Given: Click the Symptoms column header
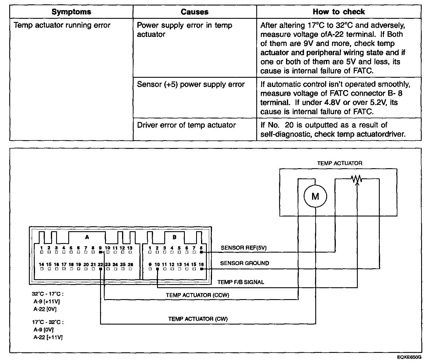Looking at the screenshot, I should pos(71,12).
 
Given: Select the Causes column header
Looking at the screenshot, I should pos(194,12).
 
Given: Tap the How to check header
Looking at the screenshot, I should pos(339,12).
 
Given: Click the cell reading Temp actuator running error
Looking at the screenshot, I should pos(62,25).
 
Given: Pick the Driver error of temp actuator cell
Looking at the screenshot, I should pos(186,125).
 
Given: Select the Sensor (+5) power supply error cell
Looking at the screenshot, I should pos(191,84).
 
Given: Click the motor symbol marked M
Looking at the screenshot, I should pos(315,197).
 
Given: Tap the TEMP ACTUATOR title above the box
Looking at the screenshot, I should pos(340,163).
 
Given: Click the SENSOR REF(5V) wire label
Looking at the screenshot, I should pos(244,248).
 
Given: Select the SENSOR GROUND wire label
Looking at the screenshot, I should pos(244,263).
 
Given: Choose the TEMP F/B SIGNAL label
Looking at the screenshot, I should pos(241,282).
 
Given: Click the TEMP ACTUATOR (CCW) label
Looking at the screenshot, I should pos(198,295).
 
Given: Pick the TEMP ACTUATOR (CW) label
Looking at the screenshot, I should pos(198,319).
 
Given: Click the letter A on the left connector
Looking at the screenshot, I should pos(87,237).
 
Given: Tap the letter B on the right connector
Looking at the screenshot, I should pos(174,237).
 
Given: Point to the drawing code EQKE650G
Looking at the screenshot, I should pos(409,358).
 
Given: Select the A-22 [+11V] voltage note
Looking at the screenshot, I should pos(48,337).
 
